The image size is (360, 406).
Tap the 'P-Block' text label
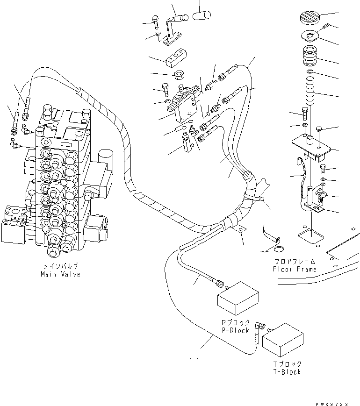tap(236, 330)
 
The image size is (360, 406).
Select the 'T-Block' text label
tap(287, 372)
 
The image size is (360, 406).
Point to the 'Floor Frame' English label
tap(295, 269)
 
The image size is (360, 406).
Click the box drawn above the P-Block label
tap(238, 298)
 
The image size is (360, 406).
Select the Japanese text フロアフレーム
tap(295, 262)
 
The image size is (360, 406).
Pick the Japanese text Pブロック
tap(236, 323)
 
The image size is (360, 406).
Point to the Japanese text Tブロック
tap(287, 364)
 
